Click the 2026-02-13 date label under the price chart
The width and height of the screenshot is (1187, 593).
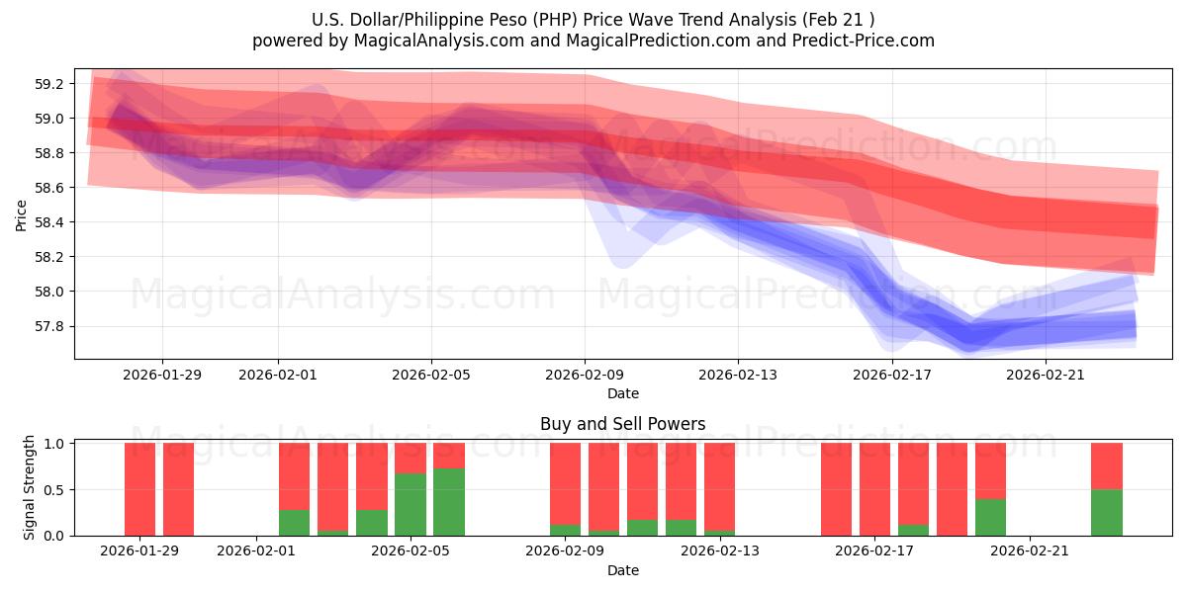(738, 375)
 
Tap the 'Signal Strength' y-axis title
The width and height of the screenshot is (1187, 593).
(30, 487)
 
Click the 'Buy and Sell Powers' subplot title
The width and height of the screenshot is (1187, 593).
(622, 424)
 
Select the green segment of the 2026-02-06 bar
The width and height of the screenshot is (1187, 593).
(449, 502)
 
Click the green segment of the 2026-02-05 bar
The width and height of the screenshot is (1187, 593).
(411, 504)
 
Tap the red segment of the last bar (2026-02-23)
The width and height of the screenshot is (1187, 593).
(1106, 466)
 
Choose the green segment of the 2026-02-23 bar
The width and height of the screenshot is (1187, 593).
(1106, 512)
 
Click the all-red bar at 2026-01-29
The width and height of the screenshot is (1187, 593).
(140, 489)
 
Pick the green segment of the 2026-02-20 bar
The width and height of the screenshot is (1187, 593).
(990, 517)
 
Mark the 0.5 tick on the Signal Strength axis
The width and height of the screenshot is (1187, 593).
(55, 489)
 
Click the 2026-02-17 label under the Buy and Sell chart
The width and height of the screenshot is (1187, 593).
(875, 551)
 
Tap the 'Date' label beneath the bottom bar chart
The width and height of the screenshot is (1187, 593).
(622, 570)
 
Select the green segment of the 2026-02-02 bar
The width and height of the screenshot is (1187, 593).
(295, 522)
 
